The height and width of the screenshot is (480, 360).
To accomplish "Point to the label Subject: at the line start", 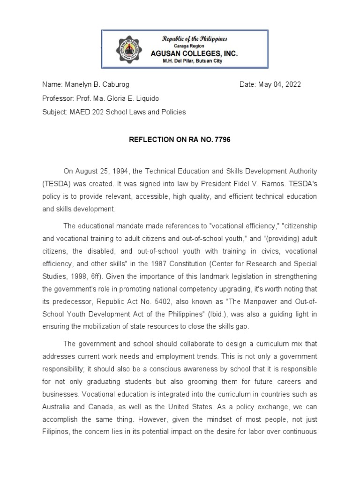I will tap(54, 112).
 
